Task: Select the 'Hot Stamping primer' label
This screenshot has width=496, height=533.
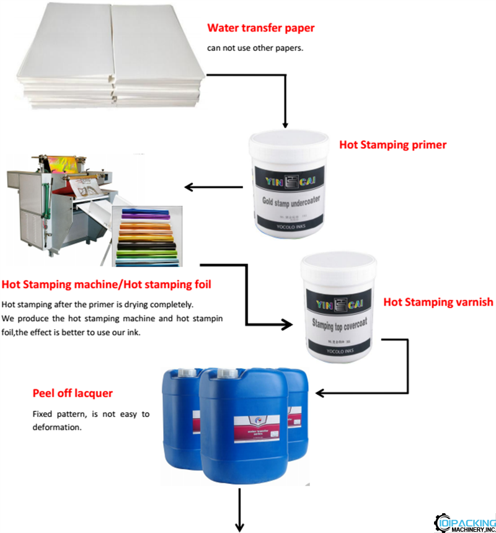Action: pos(392,145)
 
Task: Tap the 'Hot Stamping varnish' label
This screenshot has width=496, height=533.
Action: pos(438,302)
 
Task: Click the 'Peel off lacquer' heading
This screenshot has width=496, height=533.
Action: pos(73,394)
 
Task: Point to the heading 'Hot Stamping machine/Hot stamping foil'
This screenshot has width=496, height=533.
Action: pos(106,284)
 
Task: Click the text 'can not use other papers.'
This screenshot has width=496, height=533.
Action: pos(255,48)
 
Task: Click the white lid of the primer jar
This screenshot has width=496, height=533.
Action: pos(288,139)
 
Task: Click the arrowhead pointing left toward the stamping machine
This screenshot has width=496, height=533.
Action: pos(188,187)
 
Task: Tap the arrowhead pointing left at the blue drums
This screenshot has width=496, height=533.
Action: pos(320,392)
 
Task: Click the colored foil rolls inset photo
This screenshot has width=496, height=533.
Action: pos(146,236)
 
